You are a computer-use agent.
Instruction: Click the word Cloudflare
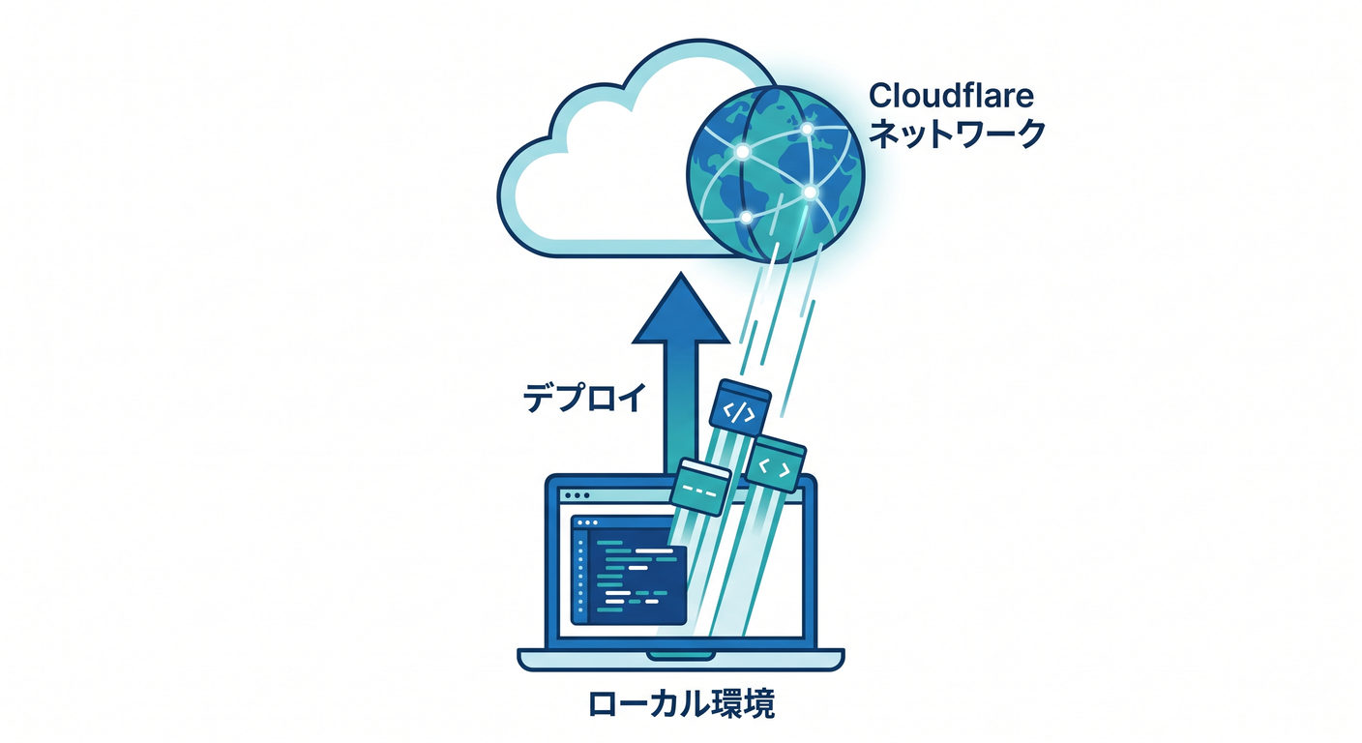pos(951,96)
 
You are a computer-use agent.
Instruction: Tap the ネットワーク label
pos(957,134)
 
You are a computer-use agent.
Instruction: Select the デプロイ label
pos(584,399)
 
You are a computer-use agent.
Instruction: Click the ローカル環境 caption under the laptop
pos(682,704)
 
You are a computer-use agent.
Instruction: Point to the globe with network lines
pos(775,174)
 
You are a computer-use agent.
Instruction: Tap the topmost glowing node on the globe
pos(807,129)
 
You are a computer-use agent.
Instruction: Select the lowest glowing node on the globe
pos(746,217)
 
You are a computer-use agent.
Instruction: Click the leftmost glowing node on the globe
pos(742,151)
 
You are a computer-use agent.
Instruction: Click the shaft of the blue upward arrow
pos(680,408)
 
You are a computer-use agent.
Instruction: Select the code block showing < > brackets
pos(775,463)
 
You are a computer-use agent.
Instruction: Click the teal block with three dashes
pos(699,487)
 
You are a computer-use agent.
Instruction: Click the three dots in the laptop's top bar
pos(577,495)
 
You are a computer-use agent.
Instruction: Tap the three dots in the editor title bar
pos(586,522)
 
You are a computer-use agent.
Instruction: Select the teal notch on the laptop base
pos(680,655)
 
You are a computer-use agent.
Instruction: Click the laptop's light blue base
pos(680,660)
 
